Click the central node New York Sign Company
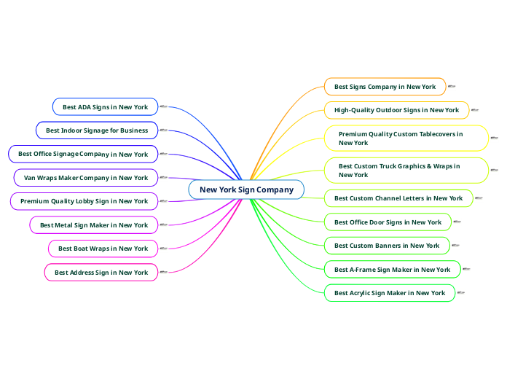click(x=246, y=189)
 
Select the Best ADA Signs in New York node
click(x=105, y=107)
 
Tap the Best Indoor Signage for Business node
click(x=97, y=130)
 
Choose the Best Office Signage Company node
click(x=83, y=155)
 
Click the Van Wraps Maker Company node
click(x=86, y=178)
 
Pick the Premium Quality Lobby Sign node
click(x=84, y=201)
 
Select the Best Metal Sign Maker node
click(x=93, y=225)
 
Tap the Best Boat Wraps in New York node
click(x=103, y=249)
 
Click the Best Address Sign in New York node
click(x=101, y=273)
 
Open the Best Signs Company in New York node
click(x=385, y=87)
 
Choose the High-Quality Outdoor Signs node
click(x=396, y=110)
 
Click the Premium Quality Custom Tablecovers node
click(x=406, y=138)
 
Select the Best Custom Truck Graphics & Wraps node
click(x=406, y=171)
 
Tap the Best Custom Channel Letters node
click(x=398, y=198)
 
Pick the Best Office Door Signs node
click(x=388, y=222)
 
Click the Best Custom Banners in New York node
click(x=387, y=246)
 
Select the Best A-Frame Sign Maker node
click(x=392, y=270)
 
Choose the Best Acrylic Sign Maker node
click(x=389, y=293)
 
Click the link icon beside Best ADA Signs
click(x=164, y=107)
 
